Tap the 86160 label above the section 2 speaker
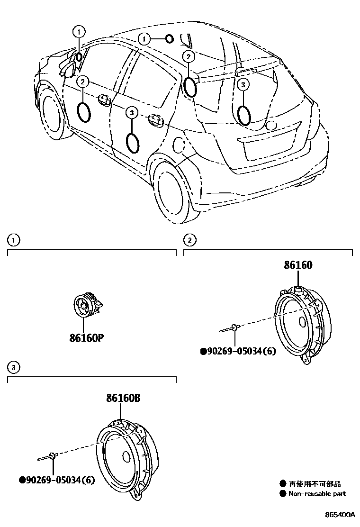coord(298,265)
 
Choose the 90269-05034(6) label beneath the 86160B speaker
coord(57,480)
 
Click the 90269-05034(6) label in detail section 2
coord(238,351)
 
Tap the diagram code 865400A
coord(340,514)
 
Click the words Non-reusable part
coord(317,493)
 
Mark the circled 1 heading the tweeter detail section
coord(15,240)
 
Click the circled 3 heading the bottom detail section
coord(15,367)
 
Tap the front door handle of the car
coord(103,100)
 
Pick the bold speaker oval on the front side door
coord(84,112)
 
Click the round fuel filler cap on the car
coord(180,145)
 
